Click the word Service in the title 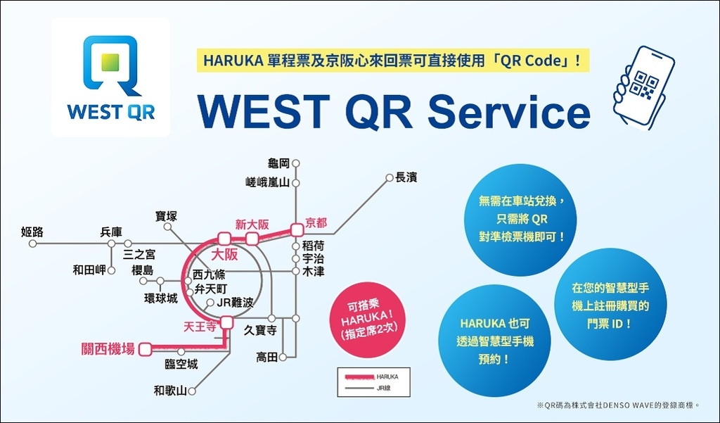point(509,111)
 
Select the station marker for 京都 point(297,229)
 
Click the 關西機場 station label point(108,349)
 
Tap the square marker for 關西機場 point(146,349)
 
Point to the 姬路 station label point(32,232)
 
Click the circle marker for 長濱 point(389,177)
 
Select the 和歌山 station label point(170,391)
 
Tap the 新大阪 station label point(252,225)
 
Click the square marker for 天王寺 point(226,322)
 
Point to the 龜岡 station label point(278,163)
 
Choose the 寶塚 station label point(166,216)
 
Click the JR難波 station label point(235,303)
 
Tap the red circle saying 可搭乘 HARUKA point(367,320)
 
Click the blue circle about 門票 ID point(610,305)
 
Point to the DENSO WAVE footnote point(618,405)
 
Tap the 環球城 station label point(161,298)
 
